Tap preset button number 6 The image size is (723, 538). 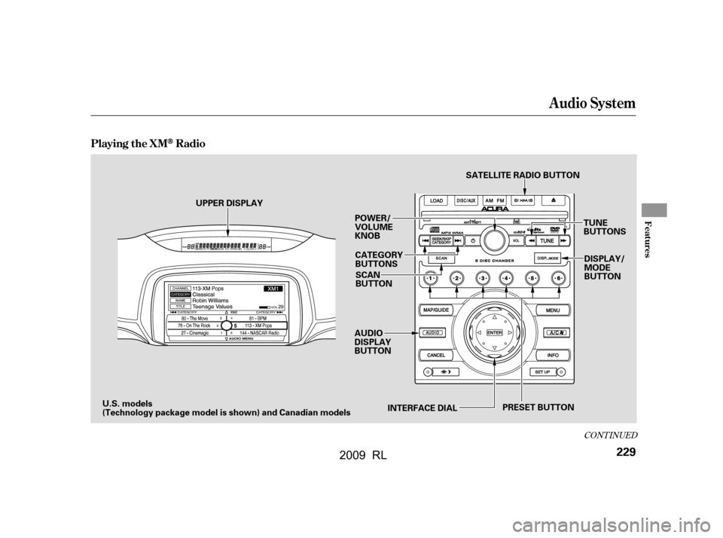(558, 278)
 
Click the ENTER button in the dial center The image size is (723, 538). (494, 332)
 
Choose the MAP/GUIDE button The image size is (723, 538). (437, 310)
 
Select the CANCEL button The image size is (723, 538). (436, 354)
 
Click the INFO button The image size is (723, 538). (552, 354)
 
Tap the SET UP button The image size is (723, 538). (545, 372)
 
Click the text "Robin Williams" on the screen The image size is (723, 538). (212, 300)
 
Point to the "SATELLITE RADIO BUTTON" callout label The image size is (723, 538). (523, 175)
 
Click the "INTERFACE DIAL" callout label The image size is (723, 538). (422, 408)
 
